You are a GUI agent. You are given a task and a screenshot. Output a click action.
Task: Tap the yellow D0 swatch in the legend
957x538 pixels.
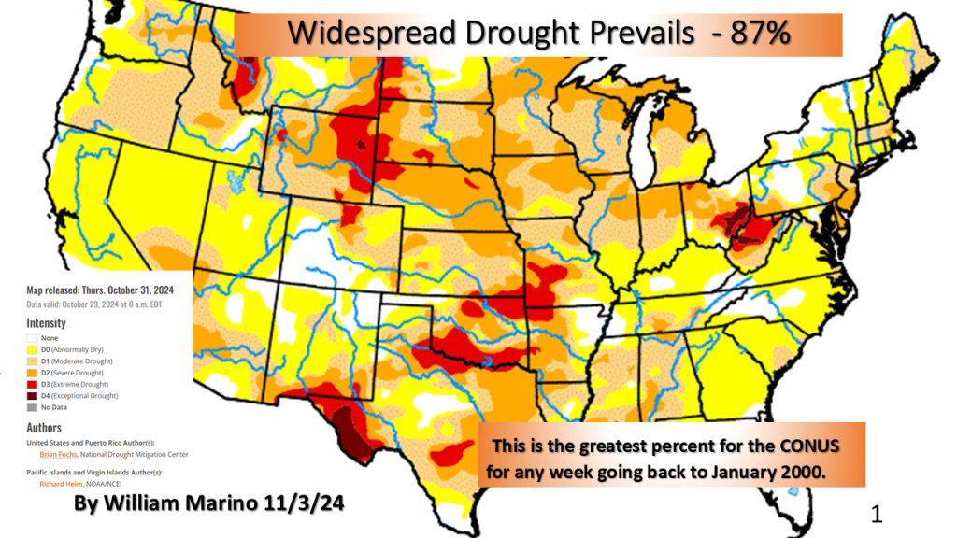tap(32, 348)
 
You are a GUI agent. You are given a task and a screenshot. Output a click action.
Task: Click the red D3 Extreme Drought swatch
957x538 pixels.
tap(32, 384)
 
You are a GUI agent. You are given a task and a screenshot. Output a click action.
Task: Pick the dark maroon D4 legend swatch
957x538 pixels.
tap(32, 396)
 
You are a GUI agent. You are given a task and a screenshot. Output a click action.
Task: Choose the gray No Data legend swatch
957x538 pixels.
tap(32, 408)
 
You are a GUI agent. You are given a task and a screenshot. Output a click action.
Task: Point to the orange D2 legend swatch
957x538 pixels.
tap(32, 373)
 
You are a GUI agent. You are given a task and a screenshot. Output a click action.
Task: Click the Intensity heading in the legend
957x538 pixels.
tap(46, 321)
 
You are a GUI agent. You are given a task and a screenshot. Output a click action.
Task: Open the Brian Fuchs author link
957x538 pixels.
tap(58, 454)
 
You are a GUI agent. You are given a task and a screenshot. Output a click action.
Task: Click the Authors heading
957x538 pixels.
tap(44, 427)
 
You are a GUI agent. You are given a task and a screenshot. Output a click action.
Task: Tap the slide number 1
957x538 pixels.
tap(876, 513)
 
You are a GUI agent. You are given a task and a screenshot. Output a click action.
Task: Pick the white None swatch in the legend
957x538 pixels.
tap(32, 336)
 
